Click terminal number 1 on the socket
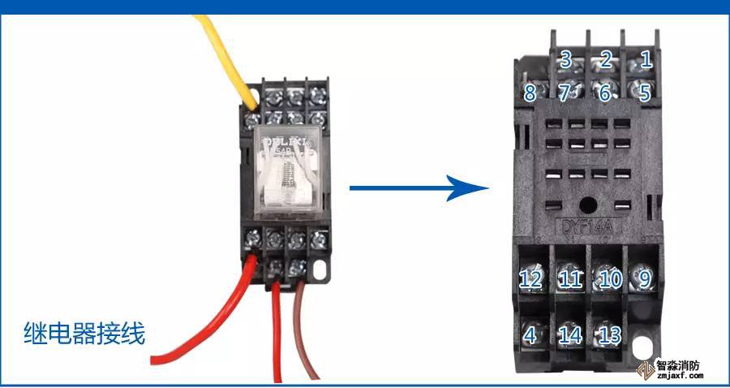click(646, 58)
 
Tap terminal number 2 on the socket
click(605, 58)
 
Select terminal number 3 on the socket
click(566, 58)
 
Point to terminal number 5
click(645, 92)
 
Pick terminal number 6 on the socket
click(604, 92)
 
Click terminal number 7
click(565, 92)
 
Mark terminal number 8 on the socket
click(530, 92)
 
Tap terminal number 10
click(609, 279)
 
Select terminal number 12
click(530, 279)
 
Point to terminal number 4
click(530, 334)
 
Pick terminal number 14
click(570, 334)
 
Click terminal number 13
click(609, 334)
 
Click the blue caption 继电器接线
click(84, 333)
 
